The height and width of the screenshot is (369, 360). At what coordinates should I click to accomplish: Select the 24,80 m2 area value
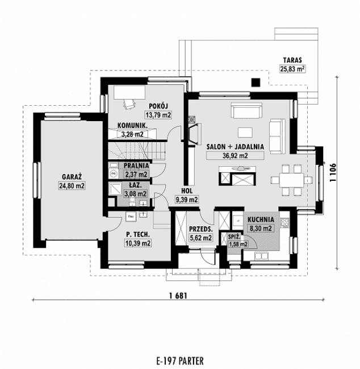[x=72, y=186]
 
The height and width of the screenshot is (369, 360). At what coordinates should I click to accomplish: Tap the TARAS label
[x=293, y=60]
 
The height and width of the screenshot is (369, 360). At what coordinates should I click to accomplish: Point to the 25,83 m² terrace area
[x=293, y=69]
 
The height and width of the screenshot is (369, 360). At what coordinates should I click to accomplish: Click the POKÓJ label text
[x=160, y=106]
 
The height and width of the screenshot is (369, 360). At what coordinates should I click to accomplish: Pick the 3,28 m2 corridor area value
[x=132, y=135]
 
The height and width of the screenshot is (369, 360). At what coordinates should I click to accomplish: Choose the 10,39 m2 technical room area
[x=138, y=243]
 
